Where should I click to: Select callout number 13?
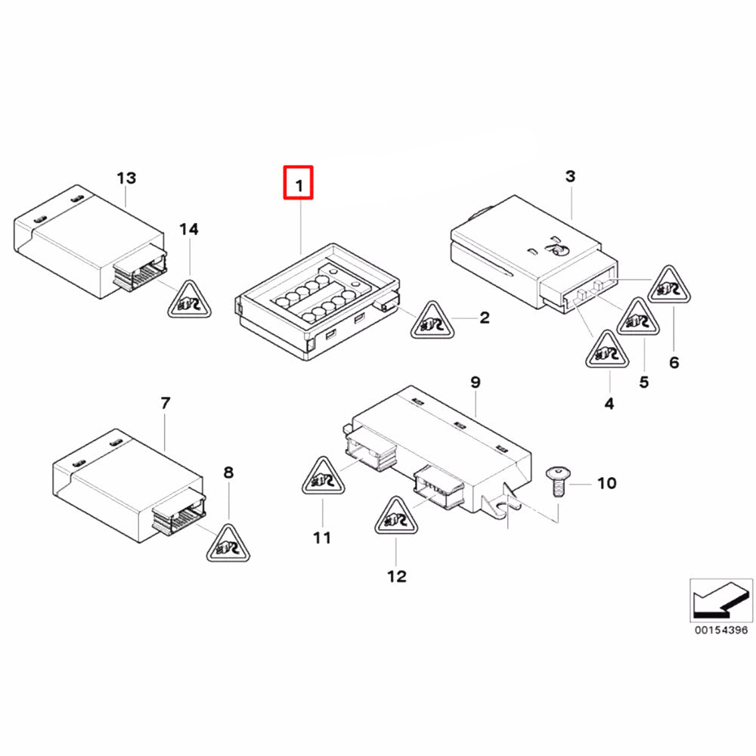[x=126, y=178]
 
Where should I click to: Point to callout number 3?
[x=570, y=176]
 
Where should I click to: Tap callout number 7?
[x=166, y=403]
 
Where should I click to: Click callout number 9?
[x=475, y=383]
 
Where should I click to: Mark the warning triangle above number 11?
[x=323, y=479]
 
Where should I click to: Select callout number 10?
[x=606, y=482]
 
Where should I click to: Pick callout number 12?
[x=396, y=576]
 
